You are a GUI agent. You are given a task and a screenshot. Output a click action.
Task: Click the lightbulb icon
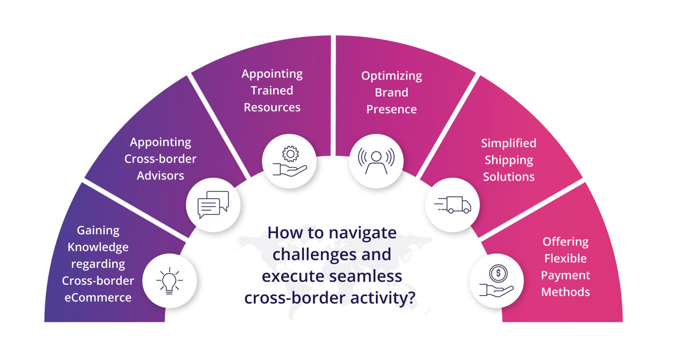170,281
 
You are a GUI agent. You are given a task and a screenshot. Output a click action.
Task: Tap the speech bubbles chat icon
213,205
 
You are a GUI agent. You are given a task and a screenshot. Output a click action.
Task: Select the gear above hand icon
290,161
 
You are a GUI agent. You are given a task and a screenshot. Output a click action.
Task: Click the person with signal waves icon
376,161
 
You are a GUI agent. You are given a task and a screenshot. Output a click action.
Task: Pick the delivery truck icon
453,205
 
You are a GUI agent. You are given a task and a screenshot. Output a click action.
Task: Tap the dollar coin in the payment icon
498,273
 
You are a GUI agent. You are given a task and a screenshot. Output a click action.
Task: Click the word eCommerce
98,297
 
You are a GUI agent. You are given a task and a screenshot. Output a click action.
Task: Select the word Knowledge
98,247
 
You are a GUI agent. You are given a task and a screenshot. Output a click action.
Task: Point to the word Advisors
160,176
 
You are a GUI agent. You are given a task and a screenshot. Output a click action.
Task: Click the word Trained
272,91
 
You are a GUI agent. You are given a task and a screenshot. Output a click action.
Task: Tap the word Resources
272,107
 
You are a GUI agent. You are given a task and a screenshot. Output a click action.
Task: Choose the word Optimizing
392,76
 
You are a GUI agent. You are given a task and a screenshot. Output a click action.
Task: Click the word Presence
392,109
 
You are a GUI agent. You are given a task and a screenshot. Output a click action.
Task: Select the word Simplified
509,143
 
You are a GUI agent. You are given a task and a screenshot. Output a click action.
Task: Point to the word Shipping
509,160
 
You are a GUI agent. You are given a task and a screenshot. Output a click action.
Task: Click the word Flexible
566,258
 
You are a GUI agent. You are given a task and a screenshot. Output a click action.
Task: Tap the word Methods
566,292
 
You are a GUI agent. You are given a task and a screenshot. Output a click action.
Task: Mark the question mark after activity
411,298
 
